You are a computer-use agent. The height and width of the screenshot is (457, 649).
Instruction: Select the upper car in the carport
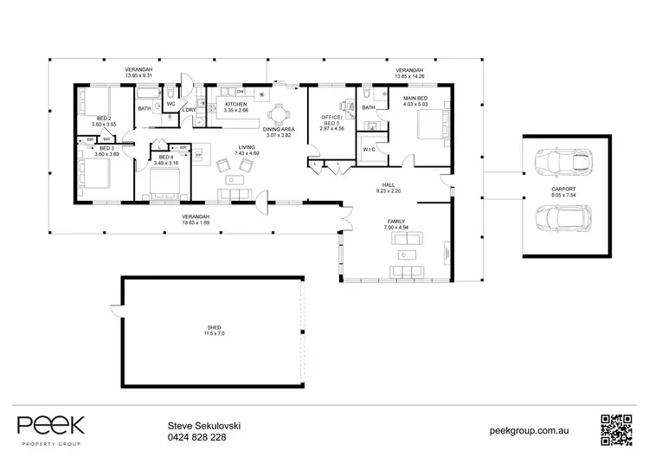pyautogui.click(x=562, y=161)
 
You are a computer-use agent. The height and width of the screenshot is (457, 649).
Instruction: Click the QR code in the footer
pyautogui.click(x=617, y=428)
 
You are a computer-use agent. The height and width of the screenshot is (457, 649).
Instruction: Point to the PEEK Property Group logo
pyautogui.click(x=51, y=428)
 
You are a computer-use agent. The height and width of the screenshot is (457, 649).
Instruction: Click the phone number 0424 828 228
pyautogui.click(x=197, y=438)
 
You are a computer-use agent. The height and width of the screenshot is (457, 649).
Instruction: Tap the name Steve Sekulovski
pyautogui.click(x=204, y=425)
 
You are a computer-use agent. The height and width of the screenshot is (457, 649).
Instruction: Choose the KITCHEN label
pyautogui.click(x=236, y=104)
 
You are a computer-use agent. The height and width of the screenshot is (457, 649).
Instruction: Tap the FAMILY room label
pyautogui.click(x=396, y=222)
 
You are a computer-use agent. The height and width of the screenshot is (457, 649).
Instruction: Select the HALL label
pyautogui.click(x=389, y=184)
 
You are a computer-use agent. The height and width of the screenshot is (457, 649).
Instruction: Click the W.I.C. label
pyautogui.click(x=369, y=148)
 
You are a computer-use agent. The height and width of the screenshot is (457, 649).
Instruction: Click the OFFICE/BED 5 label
pyautogui.click(x=333, y=119)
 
